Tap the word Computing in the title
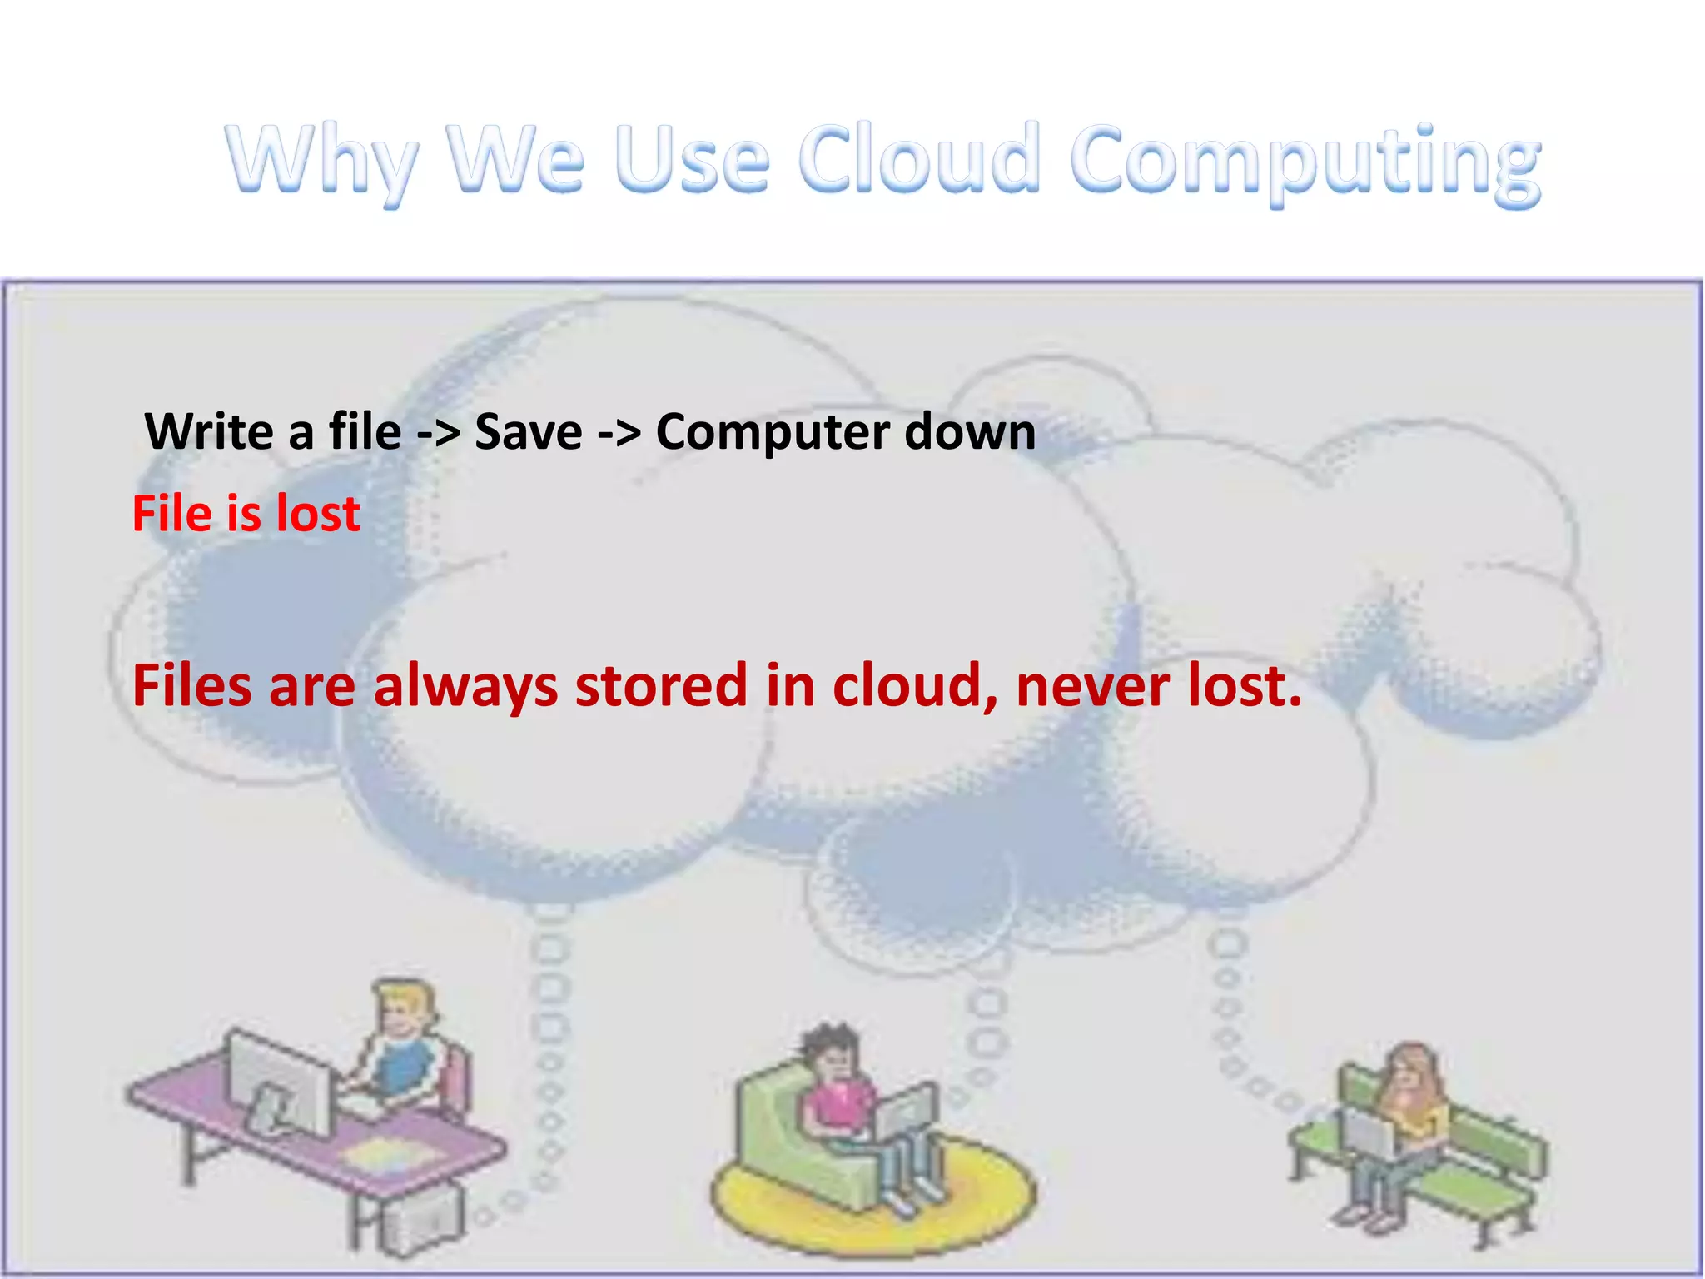[x=1305, y=162]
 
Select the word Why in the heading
[x=321, y=160]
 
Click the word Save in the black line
[x=528, y=432]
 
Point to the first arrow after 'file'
[x=438, y=434]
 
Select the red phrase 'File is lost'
[x=246, y=513]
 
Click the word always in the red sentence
[x=465, y=687]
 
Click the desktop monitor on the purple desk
[x=279, y=1082]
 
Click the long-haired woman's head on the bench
[x=1408, y=1074]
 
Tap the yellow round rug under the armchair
[x=874, y=1199]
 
